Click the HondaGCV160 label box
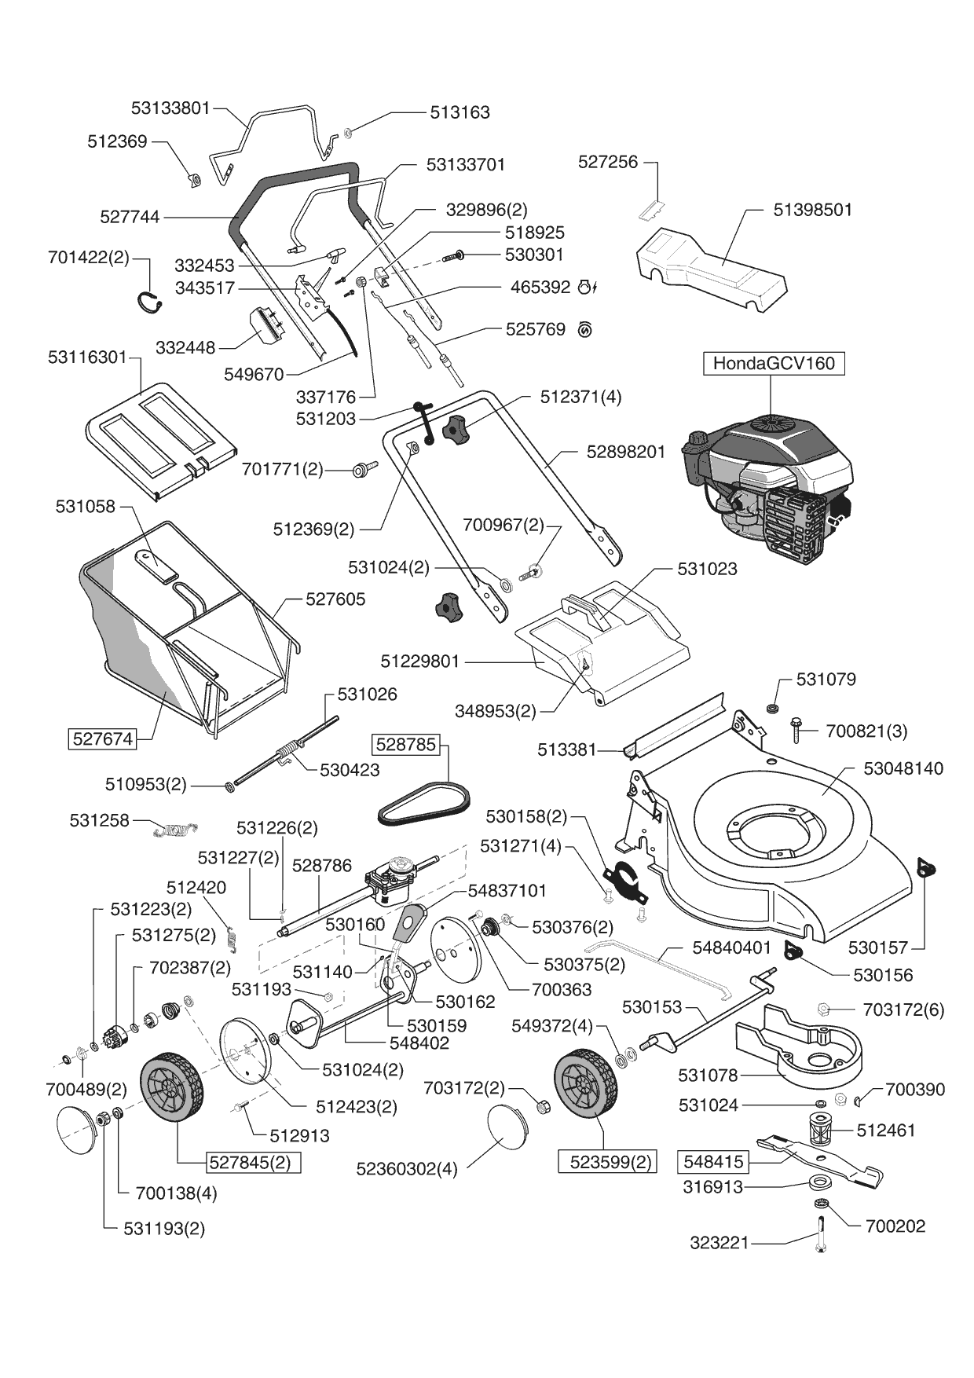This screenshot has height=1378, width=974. click(774, 364)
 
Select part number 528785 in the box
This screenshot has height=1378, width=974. click(406, 744)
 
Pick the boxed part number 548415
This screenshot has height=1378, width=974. click(713, 1161)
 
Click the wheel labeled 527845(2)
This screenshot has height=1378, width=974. click(171, 1087)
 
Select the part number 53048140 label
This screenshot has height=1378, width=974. click(903, 768)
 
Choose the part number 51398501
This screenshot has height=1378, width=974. click(812, 210)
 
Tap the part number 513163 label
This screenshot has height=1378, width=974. click(460, 112)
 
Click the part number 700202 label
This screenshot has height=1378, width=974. click(895, 1226)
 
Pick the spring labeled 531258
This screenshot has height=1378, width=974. click(176, 828)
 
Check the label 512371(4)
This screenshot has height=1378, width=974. click(580, 397)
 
